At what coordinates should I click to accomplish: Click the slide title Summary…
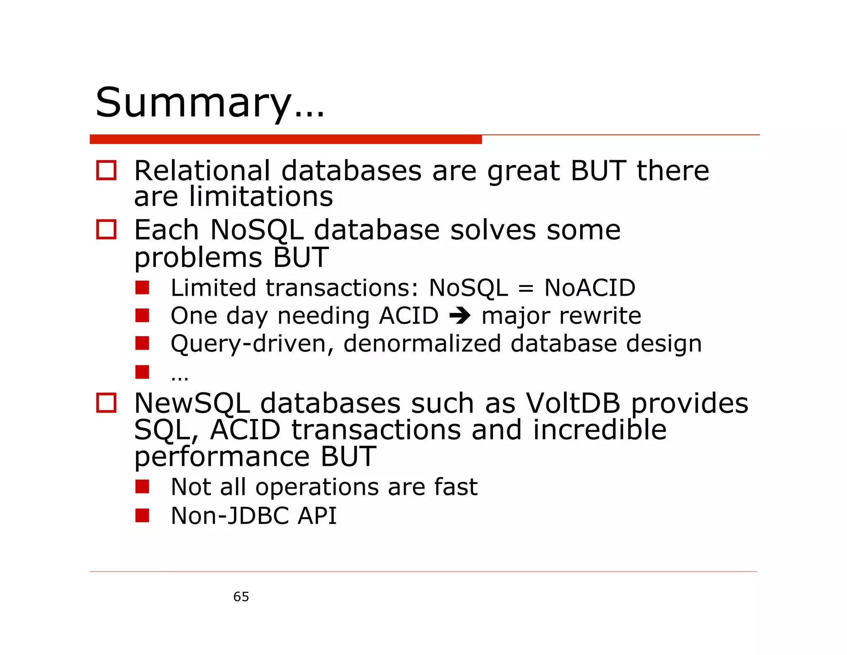tap(210, 103)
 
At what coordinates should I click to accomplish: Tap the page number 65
tap(241, 597)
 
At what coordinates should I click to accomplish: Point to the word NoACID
tap(590, 288)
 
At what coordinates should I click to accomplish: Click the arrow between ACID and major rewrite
tap(460, 316)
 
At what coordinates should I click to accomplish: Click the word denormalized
tap(422, 344)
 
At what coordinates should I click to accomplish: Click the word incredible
tap(600, 430)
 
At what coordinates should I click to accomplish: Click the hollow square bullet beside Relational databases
tap(106, 171)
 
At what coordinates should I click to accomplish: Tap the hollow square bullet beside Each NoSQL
tap(106, 229)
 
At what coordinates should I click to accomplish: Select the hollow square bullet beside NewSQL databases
tap(106, 403)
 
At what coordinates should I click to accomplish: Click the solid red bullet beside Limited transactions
tap(142, 287)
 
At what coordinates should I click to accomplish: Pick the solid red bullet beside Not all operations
tap(142, 486)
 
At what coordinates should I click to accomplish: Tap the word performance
tap(222, 456)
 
